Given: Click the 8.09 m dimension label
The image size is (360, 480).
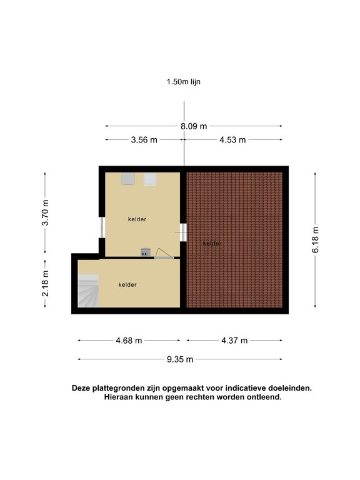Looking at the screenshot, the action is click(194, 126).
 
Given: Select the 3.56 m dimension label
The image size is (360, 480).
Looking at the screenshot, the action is click(144, 140).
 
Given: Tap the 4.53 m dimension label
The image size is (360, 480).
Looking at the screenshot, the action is click(232, 140).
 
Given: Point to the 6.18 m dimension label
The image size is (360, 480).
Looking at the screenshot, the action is click(315, 240).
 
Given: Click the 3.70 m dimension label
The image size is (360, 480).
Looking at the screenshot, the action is click(45, 212).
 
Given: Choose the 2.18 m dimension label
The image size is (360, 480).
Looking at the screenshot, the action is click(45, 284).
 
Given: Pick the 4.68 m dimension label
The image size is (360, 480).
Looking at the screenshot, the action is click(129, 341).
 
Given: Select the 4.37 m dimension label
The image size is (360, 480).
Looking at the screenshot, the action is click(234, 341).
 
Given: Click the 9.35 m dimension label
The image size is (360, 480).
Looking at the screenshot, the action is click(180, 359).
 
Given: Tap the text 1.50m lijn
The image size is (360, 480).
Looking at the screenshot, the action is click(183, 82).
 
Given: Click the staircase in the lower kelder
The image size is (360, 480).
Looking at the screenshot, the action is click(88, 291).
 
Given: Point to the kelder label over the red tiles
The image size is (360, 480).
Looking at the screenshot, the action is click(212, 244).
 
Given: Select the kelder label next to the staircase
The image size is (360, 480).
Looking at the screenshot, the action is click(127, 285).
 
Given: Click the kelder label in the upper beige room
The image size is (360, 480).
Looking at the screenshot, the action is click(137, 219).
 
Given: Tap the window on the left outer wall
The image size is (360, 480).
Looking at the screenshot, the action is click(102, 227).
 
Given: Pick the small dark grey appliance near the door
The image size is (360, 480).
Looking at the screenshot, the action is click(146, 252).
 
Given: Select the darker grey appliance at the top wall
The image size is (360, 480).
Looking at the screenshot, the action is click(128, 179).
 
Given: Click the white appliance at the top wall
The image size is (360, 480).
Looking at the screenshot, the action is click(150, 179).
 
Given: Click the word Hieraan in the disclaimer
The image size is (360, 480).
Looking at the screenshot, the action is click(118, 397).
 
